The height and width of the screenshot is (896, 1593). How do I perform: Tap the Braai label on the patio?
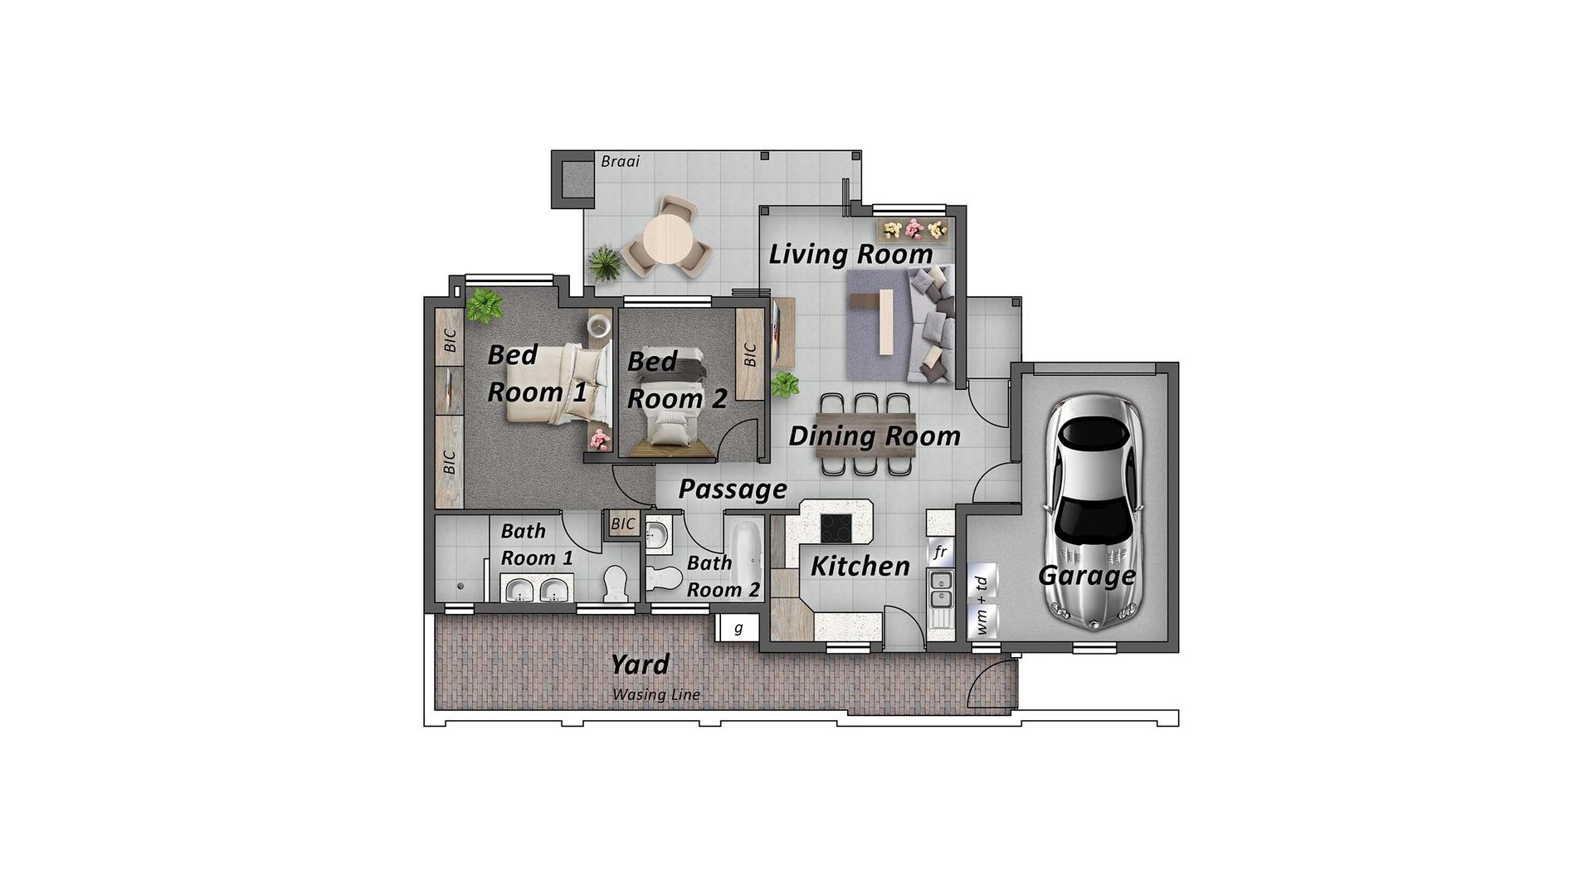621,161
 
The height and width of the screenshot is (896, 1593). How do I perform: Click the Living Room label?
851,254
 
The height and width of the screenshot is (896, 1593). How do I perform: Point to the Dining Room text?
874,436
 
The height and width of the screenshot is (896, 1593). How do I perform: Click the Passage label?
733,489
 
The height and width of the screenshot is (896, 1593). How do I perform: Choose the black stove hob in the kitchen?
836,528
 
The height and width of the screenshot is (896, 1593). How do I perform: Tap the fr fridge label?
940,552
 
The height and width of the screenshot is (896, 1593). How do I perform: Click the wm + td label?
982,606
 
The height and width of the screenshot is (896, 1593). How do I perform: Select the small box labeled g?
738,628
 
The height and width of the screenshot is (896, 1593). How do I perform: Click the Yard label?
640,665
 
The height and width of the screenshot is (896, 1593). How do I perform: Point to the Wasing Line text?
656,694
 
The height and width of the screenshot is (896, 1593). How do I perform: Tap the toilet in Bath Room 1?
616,584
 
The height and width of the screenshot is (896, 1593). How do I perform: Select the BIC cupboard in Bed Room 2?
750,354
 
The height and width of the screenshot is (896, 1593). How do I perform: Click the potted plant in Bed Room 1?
484,305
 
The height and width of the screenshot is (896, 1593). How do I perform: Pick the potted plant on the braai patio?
604,265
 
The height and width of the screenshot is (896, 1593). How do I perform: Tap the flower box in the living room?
913,229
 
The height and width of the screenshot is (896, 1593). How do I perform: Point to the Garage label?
1087,575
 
